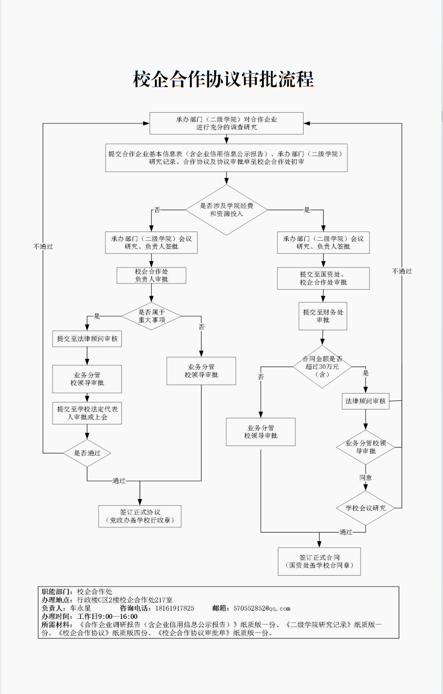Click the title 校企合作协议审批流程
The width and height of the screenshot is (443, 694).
coord(223,80)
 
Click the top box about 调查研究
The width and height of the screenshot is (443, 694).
coord(226,123)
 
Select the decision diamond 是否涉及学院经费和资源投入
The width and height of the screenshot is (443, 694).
coord(226,209)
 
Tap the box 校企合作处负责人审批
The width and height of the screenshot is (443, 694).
coord(151,275)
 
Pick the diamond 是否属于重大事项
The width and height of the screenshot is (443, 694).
coord(151,315)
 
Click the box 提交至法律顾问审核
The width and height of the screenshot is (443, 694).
coord(87,339)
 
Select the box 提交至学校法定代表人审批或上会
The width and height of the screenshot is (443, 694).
coord(87,413)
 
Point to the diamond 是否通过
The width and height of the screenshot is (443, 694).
coord(87,453)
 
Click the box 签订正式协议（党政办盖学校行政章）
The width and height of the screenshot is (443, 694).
coord(140,517)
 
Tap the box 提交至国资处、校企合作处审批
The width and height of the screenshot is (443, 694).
coord(323,278)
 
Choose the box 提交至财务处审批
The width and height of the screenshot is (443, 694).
coord(323,316)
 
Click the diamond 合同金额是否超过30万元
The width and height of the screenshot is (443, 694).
coord(322,366)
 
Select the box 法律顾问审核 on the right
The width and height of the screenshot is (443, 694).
coord(365,401)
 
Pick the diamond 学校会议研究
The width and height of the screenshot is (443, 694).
coord(365,508)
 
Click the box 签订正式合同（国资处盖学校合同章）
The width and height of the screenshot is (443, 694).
coord(319,561)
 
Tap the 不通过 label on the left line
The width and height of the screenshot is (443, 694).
coord(43,246)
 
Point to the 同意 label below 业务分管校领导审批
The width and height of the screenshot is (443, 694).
coord(366,477)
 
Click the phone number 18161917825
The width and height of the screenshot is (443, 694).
coord(175,608)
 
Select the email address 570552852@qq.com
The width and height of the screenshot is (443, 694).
coord(262,608)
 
